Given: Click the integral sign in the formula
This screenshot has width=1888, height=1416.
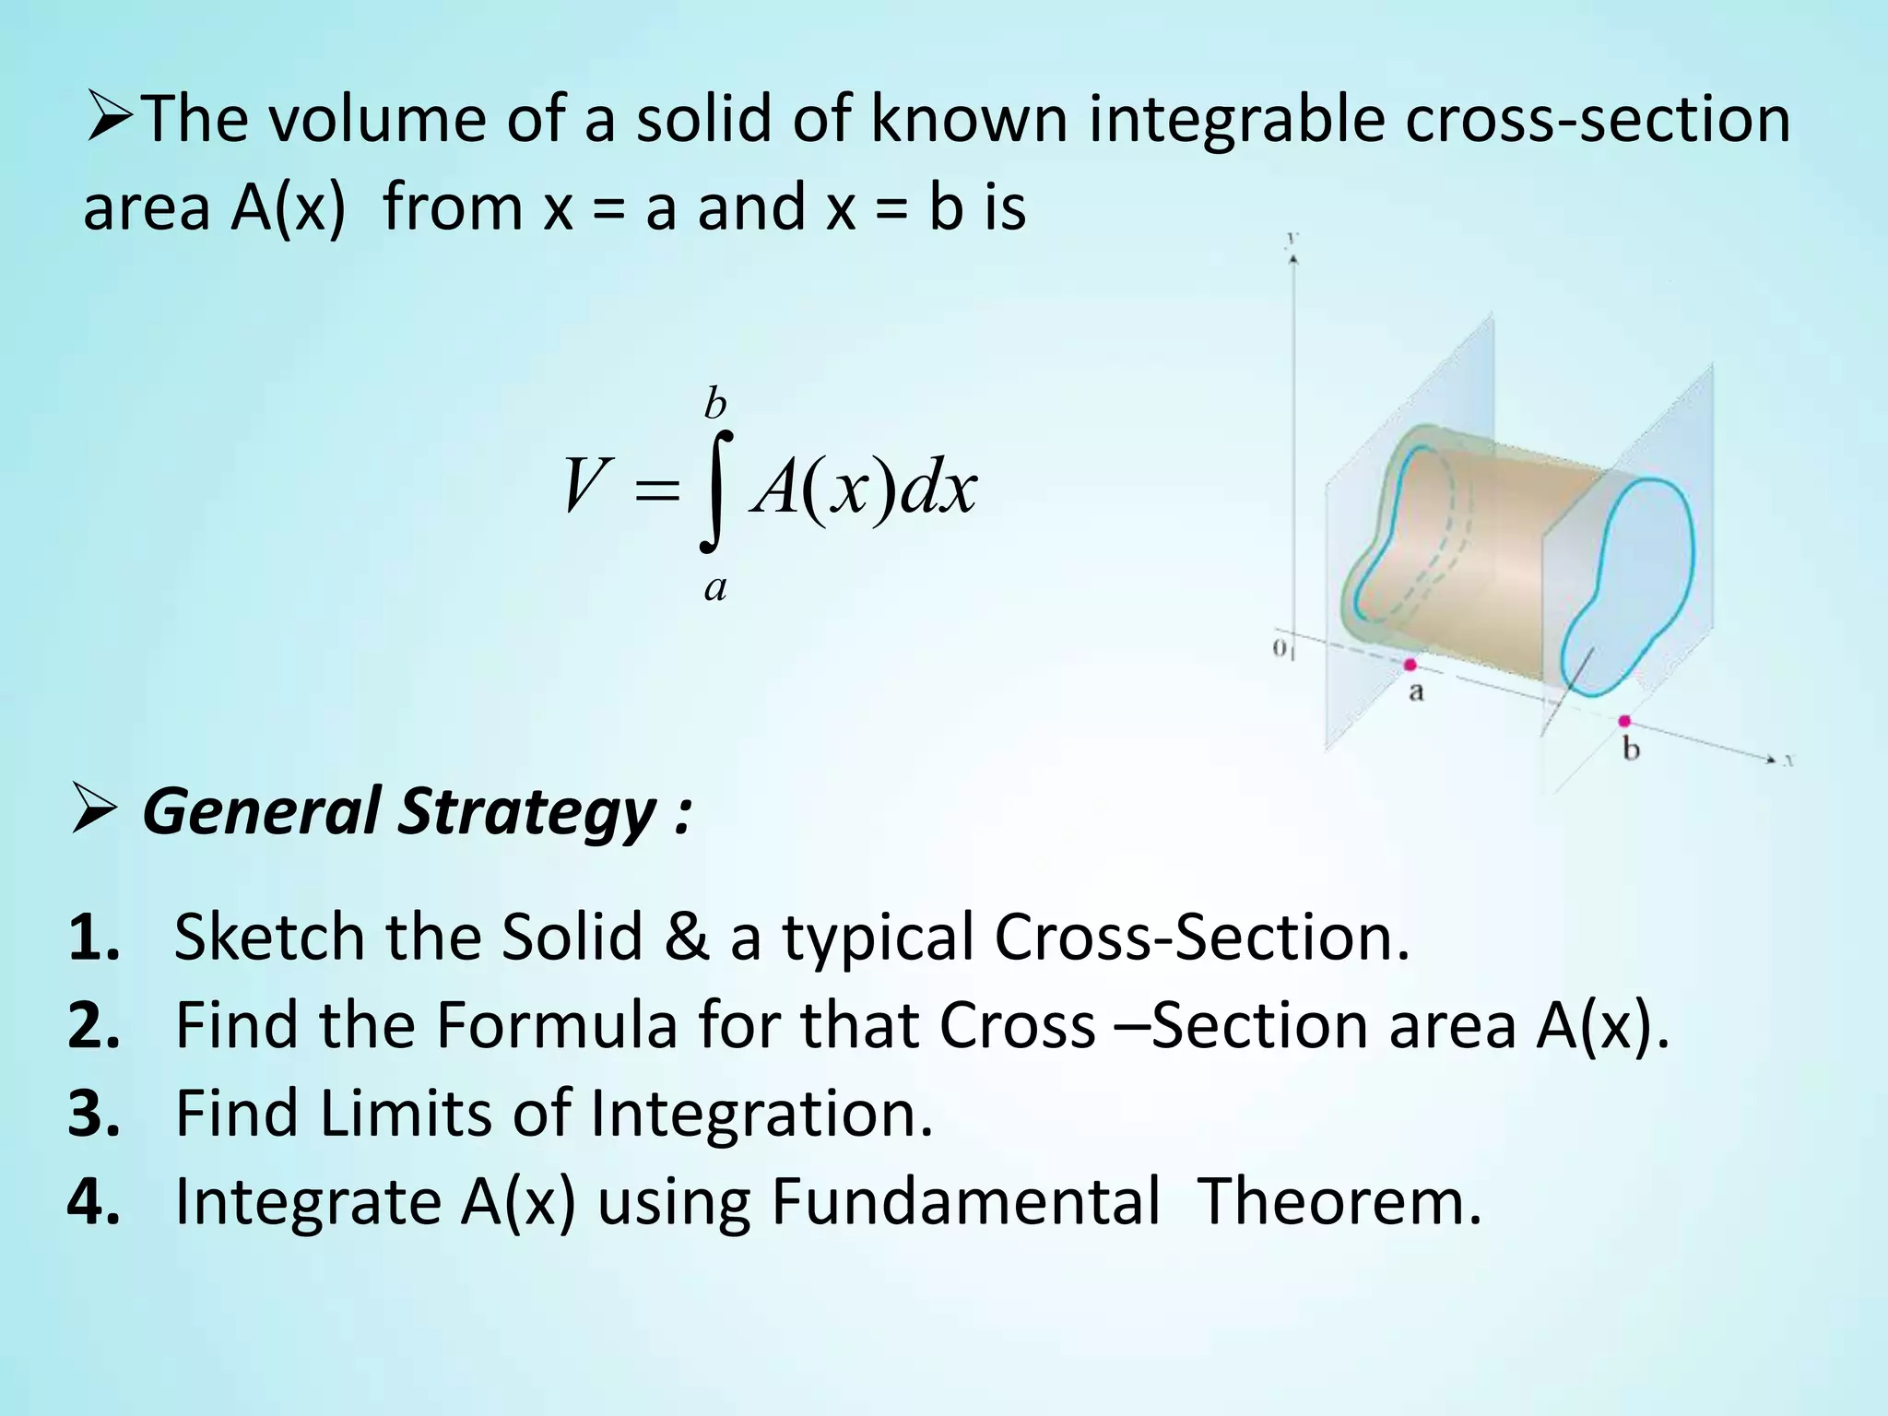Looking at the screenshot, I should click(x=716, y=490).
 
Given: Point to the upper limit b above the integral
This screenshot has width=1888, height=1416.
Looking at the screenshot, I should click(x=715, y=405).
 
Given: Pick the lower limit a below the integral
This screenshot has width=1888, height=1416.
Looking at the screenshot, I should click(x=715, y=587).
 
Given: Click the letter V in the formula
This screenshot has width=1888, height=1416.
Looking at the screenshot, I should click(x=584, y=486).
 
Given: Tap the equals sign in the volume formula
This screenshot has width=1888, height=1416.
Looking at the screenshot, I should click(x=657, y=490).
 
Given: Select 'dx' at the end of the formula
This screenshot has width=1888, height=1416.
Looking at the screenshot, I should click(x=938, y=488).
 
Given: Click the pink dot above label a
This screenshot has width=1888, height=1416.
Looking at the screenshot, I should click(x=1410, y=665).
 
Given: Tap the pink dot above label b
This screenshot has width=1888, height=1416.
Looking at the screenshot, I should click(x=1624, y=721).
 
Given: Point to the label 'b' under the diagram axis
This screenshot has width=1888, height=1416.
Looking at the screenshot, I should click(x=1631, y=749).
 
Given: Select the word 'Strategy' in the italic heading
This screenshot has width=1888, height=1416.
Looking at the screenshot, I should click(x=527, y=812).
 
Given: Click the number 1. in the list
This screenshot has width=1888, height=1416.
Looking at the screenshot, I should click(x=94, y=938).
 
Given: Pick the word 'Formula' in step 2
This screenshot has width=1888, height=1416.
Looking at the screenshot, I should click(x=557, y=1025).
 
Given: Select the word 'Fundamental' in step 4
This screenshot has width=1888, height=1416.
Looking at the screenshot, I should click(x=965, y=1201).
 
